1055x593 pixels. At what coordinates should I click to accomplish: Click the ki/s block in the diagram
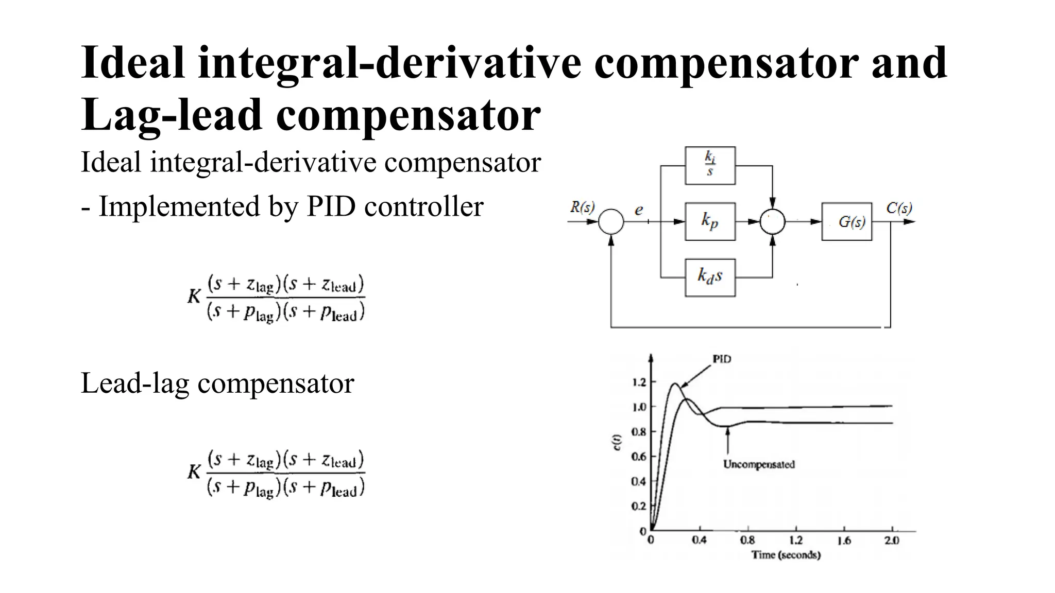(x=710, y=165)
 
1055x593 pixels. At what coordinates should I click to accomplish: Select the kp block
(x=710, y=221)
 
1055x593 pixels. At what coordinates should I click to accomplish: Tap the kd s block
(x=710, y=277)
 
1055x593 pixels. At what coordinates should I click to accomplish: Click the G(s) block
(x=847, y=221)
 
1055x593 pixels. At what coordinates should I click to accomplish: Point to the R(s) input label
(x=582, y=207)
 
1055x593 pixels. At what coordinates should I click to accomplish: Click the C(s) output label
(x=899, y=208)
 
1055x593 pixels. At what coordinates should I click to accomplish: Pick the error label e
(x=639, y=210)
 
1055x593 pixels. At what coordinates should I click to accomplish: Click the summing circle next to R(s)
(x=611, y=222)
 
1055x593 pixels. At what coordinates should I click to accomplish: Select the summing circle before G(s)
(x=773, y=222)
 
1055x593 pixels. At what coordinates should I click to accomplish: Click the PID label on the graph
(x=722, y=359)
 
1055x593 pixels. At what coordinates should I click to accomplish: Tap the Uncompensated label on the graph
(x=759, y=464)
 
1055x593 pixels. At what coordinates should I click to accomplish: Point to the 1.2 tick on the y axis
(x=639, y=382)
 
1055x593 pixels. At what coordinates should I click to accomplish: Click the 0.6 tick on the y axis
(x=639, y=457)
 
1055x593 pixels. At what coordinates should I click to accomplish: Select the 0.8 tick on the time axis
(x=747, y=540)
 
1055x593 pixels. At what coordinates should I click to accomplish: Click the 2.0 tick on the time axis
(x=892, y=540)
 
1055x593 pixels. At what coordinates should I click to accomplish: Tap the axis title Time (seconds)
(x=786, y=555)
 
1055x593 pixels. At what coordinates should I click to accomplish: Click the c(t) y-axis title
(x=617, y=443)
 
